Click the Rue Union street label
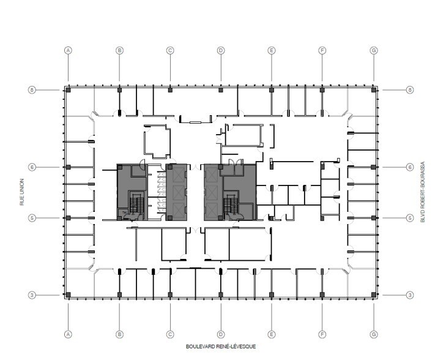(22, 192)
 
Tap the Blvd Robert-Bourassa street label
(421, 192)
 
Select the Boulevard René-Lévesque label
(221, 347)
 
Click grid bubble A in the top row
(69, 50)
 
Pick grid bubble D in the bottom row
(221, 334)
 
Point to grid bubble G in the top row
(373, 50)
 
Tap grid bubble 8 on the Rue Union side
(32, 89)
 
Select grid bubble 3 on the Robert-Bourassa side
(410, 295)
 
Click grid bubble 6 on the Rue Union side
(32, 167)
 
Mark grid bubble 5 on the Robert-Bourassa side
(410, 217)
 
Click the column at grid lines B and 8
(120, 90)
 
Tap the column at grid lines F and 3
(322, 294)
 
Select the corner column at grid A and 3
(69, 294)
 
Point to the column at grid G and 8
(373, 90)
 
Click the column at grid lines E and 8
(272, 90)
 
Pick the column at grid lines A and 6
(69, 167)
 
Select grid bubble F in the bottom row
(322, 334)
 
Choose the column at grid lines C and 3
(170, 294)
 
